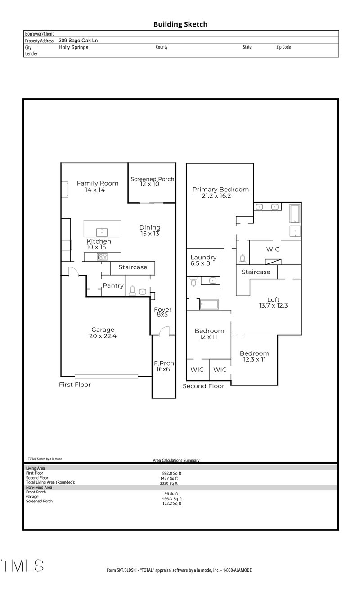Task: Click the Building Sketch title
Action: (x=180, y=24)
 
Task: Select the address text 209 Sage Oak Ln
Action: (x=78, y=40)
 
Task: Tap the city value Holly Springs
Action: (x=73, y=47)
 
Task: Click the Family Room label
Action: (x=98, y=183)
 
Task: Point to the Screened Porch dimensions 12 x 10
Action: (x=150, y=184)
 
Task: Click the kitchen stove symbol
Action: (x=102, y=257)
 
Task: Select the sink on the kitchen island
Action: (x=102, y=232)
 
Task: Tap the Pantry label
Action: (x=113, y=285)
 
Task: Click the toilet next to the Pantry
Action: (x=133, y=291)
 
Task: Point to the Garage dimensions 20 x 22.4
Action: (x=103, y=336)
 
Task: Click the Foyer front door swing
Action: (x=164, y=331)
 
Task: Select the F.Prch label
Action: (x=164, y=363)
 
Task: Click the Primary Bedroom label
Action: (x=220, y=190)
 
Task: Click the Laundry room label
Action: (x=204, y=258)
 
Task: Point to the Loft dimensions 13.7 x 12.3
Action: (x=273, y=305)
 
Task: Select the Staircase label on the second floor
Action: (x=256, y=272)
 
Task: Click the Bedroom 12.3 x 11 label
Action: (x=254, y=353)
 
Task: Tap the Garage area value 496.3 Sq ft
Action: (x=172, y=499)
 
